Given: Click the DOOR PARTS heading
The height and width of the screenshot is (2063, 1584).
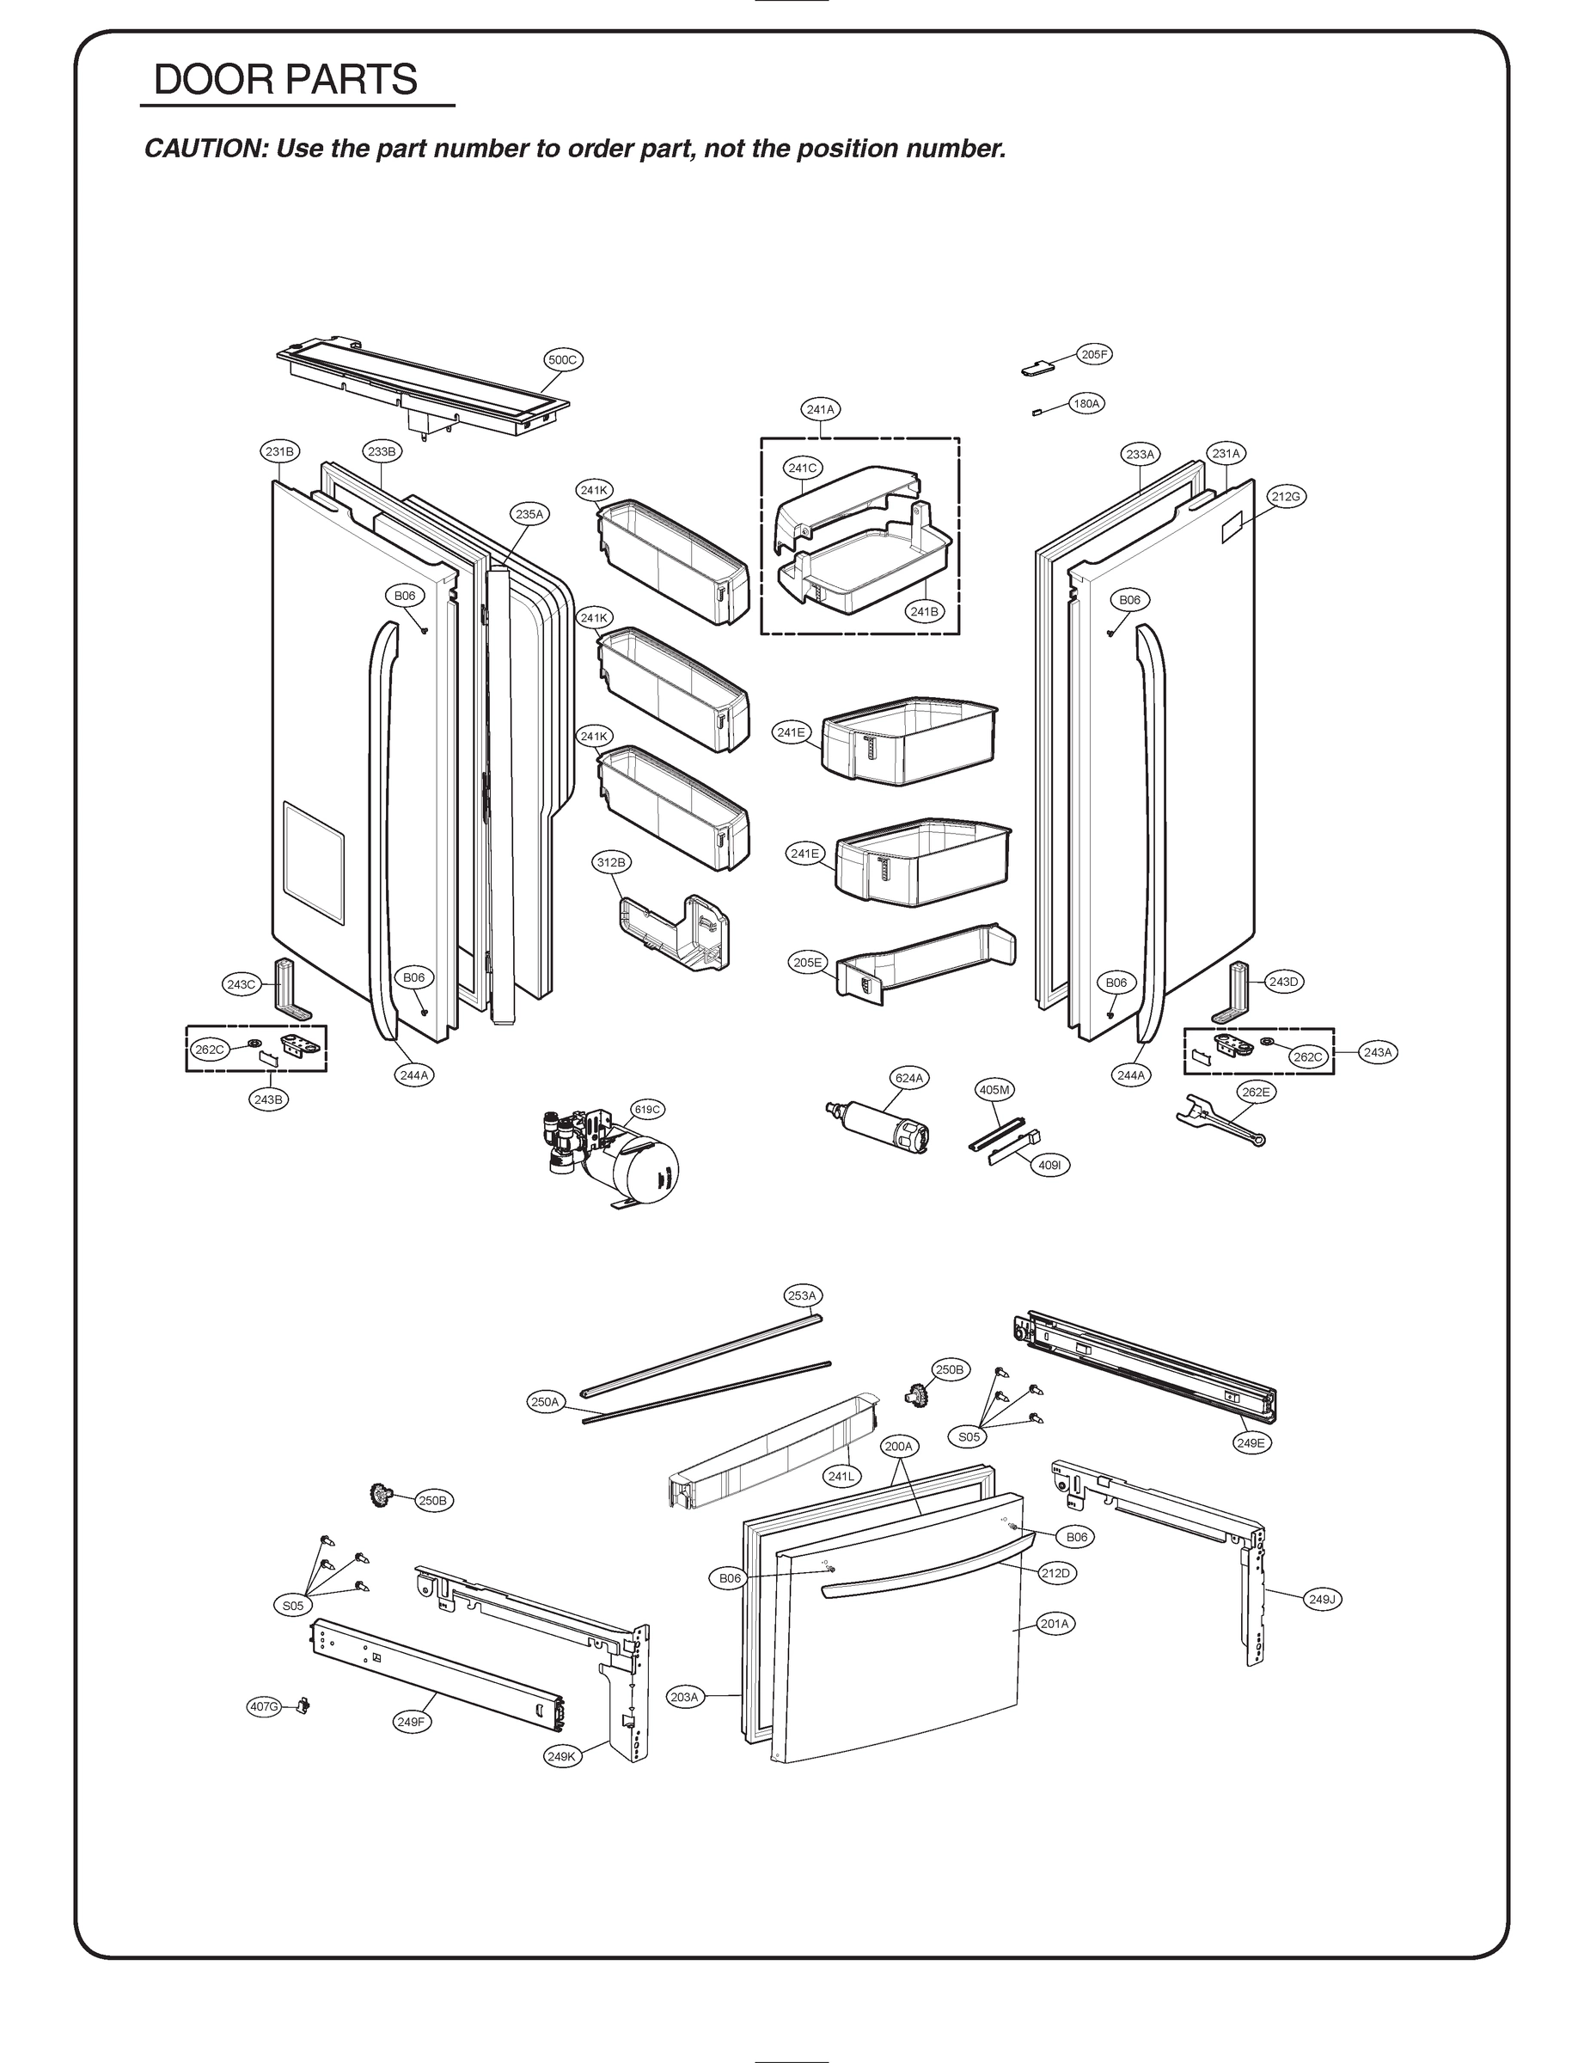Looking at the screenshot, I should click(x=284, y=80).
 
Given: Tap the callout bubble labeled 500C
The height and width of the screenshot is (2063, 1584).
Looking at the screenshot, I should click(x=563, y=359).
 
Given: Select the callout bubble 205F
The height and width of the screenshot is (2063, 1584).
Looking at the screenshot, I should click(x=1094, y=354).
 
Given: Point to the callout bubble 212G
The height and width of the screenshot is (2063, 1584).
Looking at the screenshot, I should click(x=1285, y=496).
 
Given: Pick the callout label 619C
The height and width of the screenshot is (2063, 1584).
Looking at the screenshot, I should click(x=647, y=1110).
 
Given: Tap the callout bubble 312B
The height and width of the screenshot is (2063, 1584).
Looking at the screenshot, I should click(x=610, y=862).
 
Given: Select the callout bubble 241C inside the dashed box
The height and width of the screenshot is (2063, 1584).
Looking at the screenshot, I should click(x=803, y=468).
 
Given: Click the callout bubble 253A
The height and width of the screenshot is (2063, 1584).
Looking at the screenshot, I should click(x=801, y=1295).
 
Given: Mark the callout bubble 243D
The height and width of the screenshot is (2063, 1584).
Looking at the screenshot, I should click(x=1283, y=982).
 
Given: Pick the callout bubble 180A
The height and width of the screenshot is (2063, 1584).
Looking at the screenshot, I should click(x=1086, y=403).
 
